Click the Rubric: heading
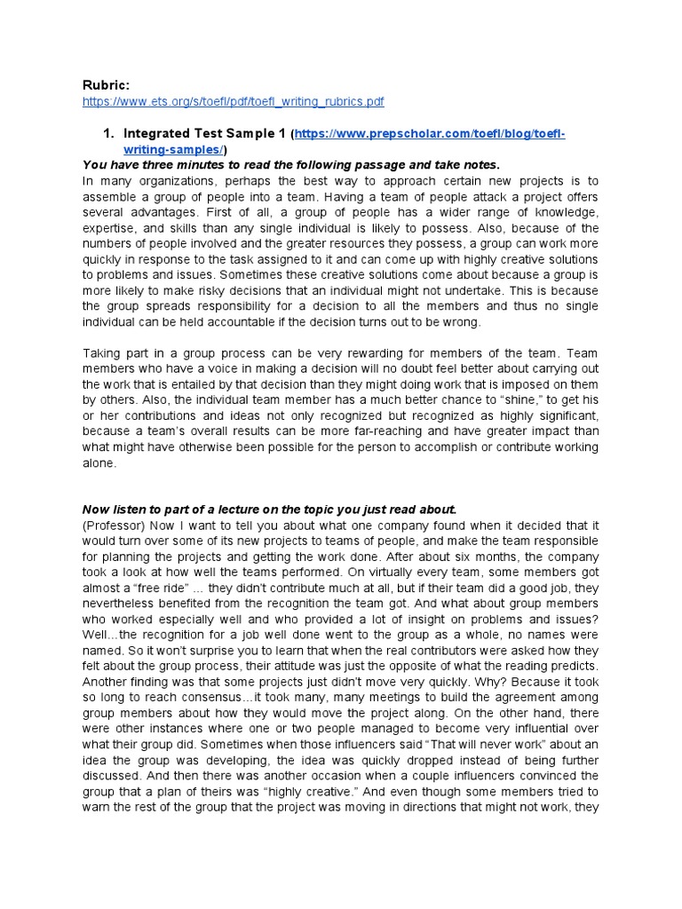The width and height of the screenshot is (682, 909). [x=106, y=85]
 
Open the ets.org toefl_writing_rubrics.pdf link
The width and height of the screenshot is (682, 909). [x=233, y=102]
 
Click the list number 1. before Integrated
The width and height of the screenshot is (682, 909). [x=109, y=134]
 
